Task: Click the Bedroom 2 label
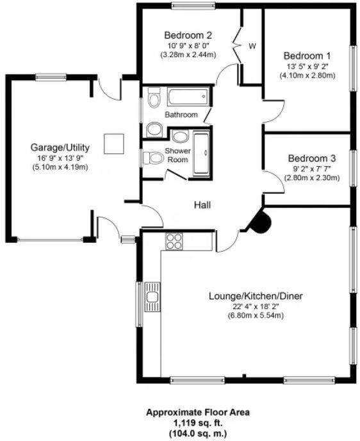click(x=188, y=35)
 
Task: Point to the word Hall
click(x=203, y=205)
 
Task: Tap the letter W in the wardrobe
click(x=252, y=46)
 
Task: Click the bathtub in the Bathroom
click(x=187, y=97)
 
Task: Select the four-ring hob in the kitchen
click(x=174, y=241)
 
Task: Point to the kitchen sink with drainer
click(x=152, y=296)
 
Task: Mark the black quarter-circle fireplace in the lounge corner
click(x=261, y=222)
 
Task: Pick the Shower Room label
click(x=178, y=155)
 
